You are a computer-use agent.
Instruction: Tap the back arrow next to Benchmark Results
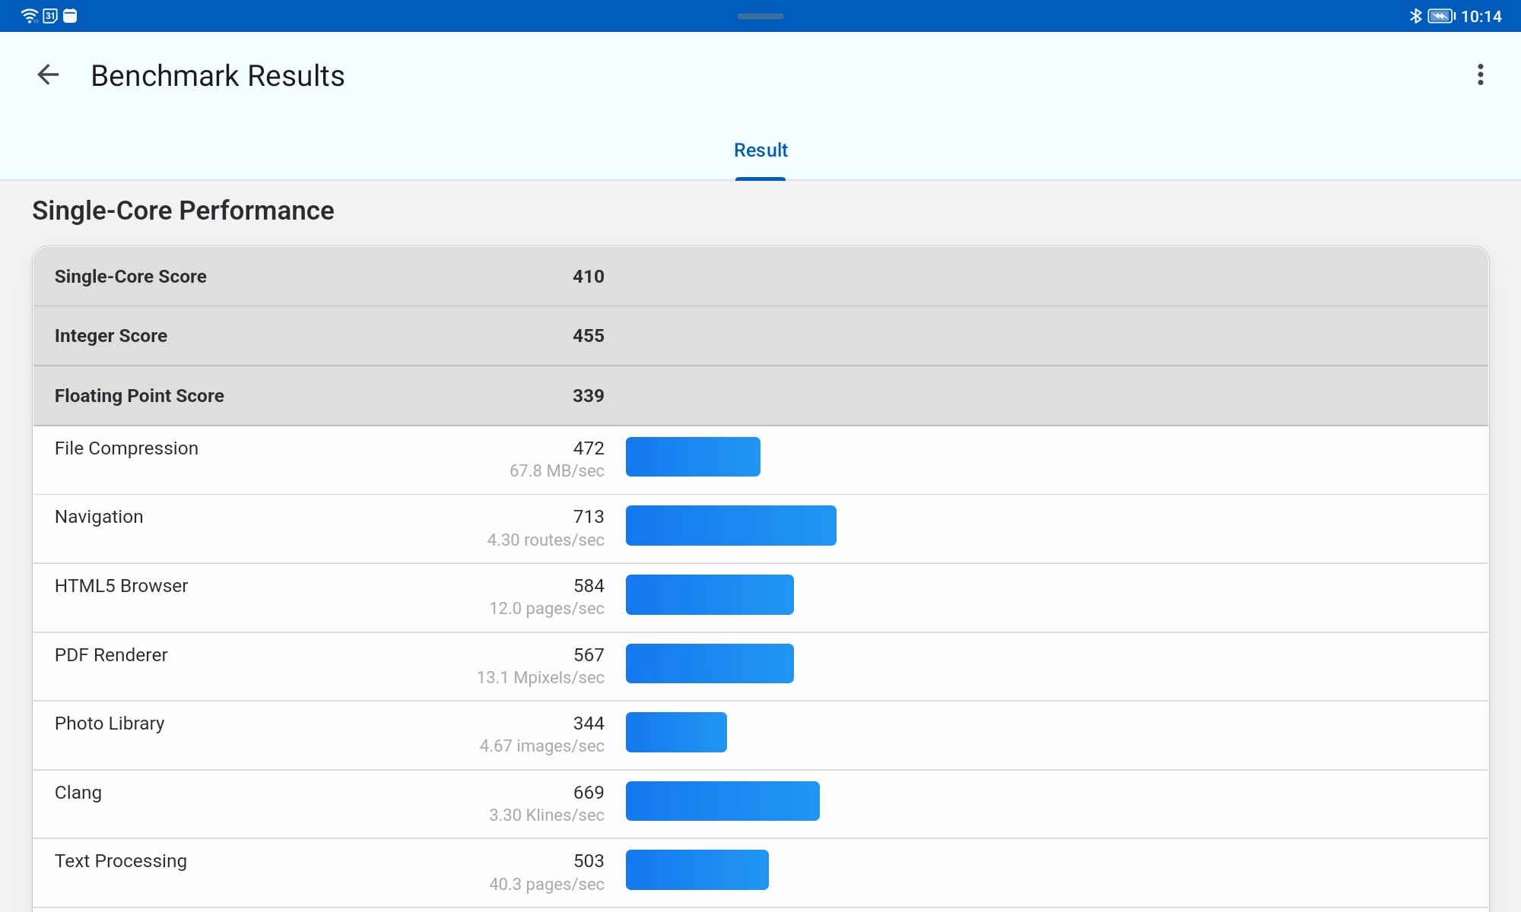(48, 74)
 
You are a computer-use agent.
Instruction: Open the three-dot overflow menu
(1480, 74)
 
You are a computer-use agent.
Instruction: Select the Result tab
(760, 150)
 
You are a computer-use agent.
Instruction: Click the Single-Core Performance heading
(183, 211)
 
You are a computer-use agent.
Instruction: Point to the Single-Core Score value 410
(588, 277)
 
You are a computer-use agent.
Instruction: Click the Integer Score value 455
(588, 336)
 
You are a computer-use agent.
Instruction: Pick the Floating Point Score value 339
(588, 396)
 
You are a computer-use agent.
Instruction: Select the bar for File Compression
(693, 457)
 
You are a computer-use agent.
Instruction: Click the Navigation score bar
(731, 525)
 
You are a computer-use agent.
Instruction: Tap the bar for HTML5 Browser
(710, 594)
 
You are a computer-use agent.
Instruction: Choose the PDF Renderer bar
(710, 663)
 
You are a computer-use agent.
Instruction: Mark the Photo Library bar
(676, 732)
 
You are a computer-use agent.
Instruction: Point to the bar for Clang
(722, 801)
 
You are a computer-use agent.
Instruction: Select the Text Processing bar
(697, 869)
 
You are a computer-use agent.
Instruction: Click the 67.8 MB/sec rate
(557, 471)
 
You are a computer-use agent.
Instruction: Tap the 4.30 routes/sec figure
(545, 540)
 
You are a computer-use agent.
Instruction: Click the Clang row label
(78, 793)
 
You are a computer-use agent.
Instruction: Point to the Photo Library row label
(110, 724)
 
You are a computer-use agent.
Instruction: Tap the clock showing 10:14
(1481, 16)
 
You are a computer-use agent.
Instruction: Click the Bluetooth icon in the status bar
(1415, 16)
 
